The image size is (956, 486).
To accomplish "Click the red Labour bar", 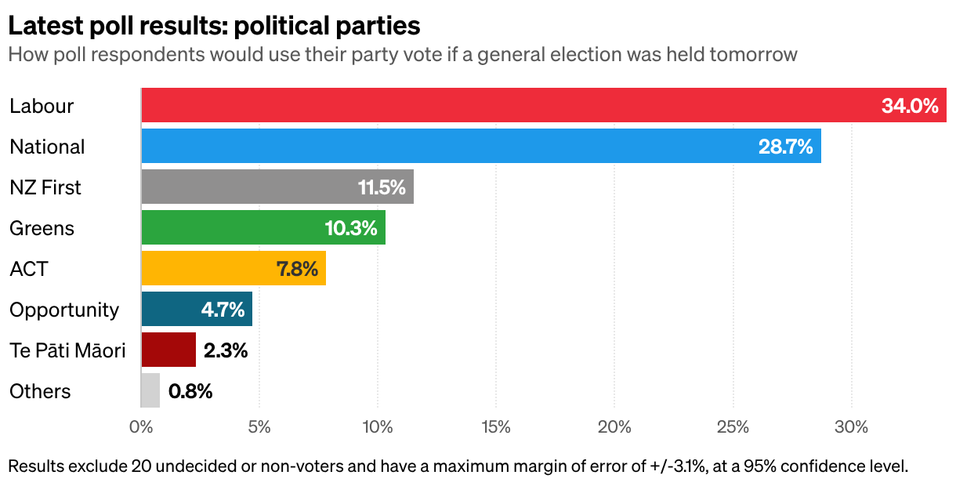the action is [544, 105].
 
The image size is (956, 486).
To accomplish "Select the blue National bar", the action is [481, 146].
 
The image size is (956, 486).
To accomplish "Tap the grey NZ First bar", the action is [277, 187].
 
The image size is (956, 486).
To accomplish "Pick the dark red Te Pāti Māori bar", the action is [168, 350].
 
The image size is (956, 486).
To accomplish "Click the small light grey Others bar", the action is [150, 390].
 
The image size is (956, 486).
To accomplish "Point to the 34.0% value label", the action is [910, 106].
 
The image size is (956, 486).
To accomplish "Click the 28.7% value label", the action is [785, 147].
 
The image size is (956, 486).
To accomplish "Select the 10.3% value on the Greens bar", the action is [351, 228].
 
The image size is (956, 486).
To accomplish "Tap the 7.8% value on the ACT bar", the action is [297, 269].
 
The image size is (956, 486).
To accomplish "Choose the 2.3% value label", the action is [226, 350].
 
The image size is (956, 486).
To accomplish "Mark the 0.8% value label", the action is [190, 391].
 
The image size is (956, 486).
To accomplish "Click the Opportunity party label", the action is [64, 310].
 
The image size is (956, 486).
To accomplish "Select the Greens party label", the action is [42, 228].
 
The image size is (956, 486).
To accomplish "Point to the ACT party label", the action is [29, 269].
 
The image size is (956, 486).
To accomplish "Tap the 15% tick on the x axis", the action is [496, 426].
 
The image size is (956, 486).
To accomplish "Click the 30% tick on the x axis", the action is [852, 426].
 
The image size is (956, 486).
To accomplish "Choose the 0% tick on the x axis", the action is [141, 426].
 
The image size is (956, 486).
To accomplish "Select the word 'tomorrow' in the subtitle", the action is [753, 55].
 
